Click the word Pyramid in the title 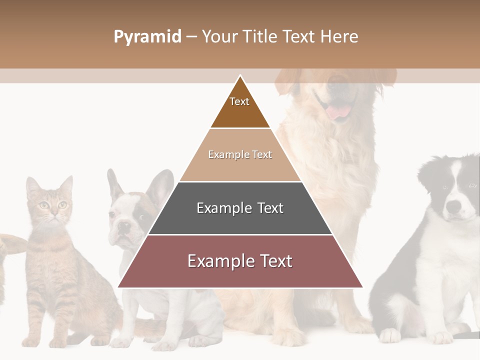[147, 37]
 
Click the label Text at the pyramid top [239, 101]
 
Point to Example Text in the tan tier [240, 154]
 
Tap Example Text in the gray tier [240, 208]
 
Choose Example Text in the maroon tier [240, 261]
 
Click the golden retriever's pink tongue [338, 111]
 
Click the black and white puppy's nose [453, 206]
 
